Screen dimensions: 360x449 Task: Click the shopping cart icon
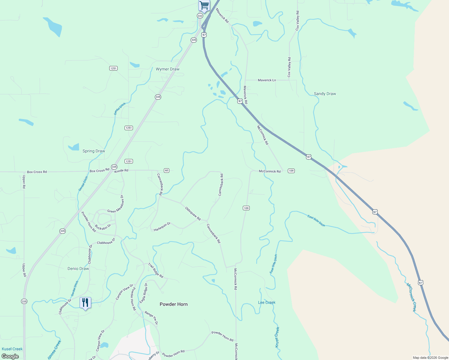[x=204, y=5]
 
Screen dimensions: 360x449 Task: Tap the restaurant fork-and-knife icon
[x=85, y=302]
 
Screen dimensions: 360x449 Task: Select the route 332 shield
[x=200, y=16]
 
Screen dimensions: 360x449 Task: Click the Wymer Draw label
[x=167, y=69]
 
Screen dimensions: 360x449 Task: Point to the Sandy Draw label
[x=325, y=94]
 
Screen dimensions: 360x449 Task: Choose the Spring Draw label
[x=94, y=151]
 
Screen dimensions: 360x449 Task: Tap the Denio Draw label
[x=78, y=268]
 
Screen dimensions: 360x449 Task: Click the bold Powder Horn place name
[x=173, y=304]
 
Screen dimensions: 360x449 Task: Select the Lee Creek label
[x=267, y=302]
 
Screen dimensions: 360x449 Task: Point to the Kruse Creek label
[x=277, y=337]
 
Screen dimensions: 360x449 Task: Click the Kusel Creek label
[x=12, y=349]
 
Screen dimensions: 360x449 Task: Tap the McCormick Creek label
[x=411, y=297]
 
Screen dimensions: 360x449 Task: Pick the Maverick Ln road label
[x=267, y=80]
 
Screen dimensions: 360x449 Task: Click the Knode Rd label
[x=121, y=170]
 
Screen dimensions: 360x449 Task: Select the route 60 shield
[x=167, y=170]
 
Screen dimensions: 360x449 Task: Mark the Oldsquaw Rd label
[x=193, y=214]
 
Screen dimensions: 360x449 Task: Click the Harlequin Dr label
[x=162, y=227]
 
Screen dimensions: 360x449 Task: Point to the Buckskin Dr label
[x=103, y=227]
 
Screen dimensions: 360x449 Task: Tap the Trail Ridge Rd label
[x=155, y=270]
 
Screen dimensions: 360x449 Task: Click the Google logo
[x=10, y=356]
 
